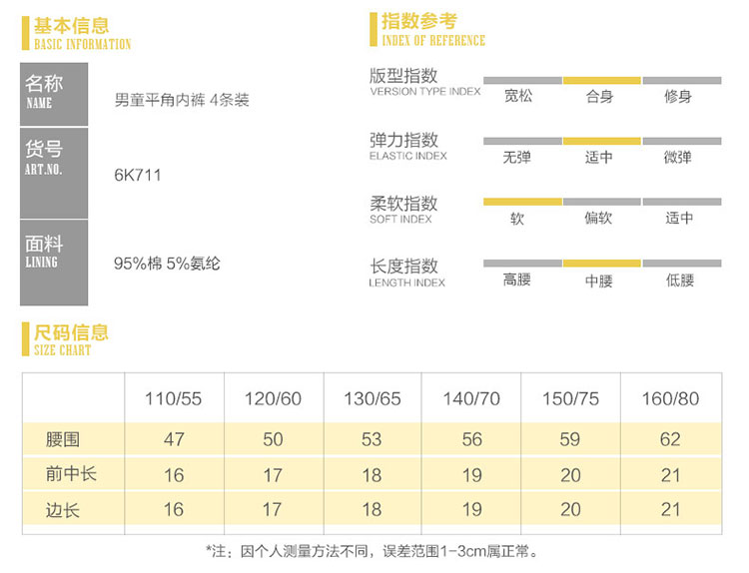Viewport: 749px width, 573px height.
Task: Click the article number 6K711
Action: click(138, 176)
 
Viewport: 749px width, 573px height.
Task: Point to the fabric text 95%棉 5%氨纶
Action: click(167, 265)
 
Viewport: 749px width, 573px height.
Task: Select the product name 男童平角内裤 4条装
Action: click(182, 102)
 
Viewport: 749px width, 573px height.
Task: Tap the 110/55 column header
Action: click(173, 399)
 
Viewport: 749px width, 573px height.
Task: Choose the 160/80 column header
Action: click(670, 399)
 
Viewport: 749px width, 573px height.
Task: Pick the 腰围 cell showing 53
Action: click(372, 439)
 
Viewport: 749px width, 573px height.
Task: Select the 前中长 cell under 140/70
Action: click(471, 475)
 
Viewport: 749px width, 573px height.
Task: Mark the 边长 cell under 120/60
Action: click(273, 510)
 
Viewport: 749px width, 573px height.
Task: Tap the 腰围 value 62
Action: click(670, 439)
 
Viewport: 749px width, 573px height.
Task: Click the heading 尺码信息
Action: click(71, 333)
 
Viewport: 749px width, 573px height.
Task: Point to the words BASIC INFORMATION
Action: click(82, 45)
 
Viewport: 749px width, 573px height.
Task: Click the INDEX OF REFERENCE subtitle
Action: click(433, 41)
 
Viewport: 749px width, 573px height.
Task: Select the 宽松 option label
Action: click(518, 97)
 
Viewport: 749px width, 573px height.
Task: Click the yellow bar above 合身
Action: click(601, 79)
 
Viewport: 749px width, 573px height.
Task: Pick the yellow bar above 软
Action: click(521, 202)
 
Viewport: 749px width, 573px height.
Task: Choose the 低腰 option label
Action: click(680, 281)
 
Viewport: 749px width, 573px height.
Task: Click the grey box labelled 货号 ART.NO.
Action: click(54, 172)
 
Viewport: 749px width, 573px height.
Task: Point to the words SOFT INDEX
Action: click(400, 220)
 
